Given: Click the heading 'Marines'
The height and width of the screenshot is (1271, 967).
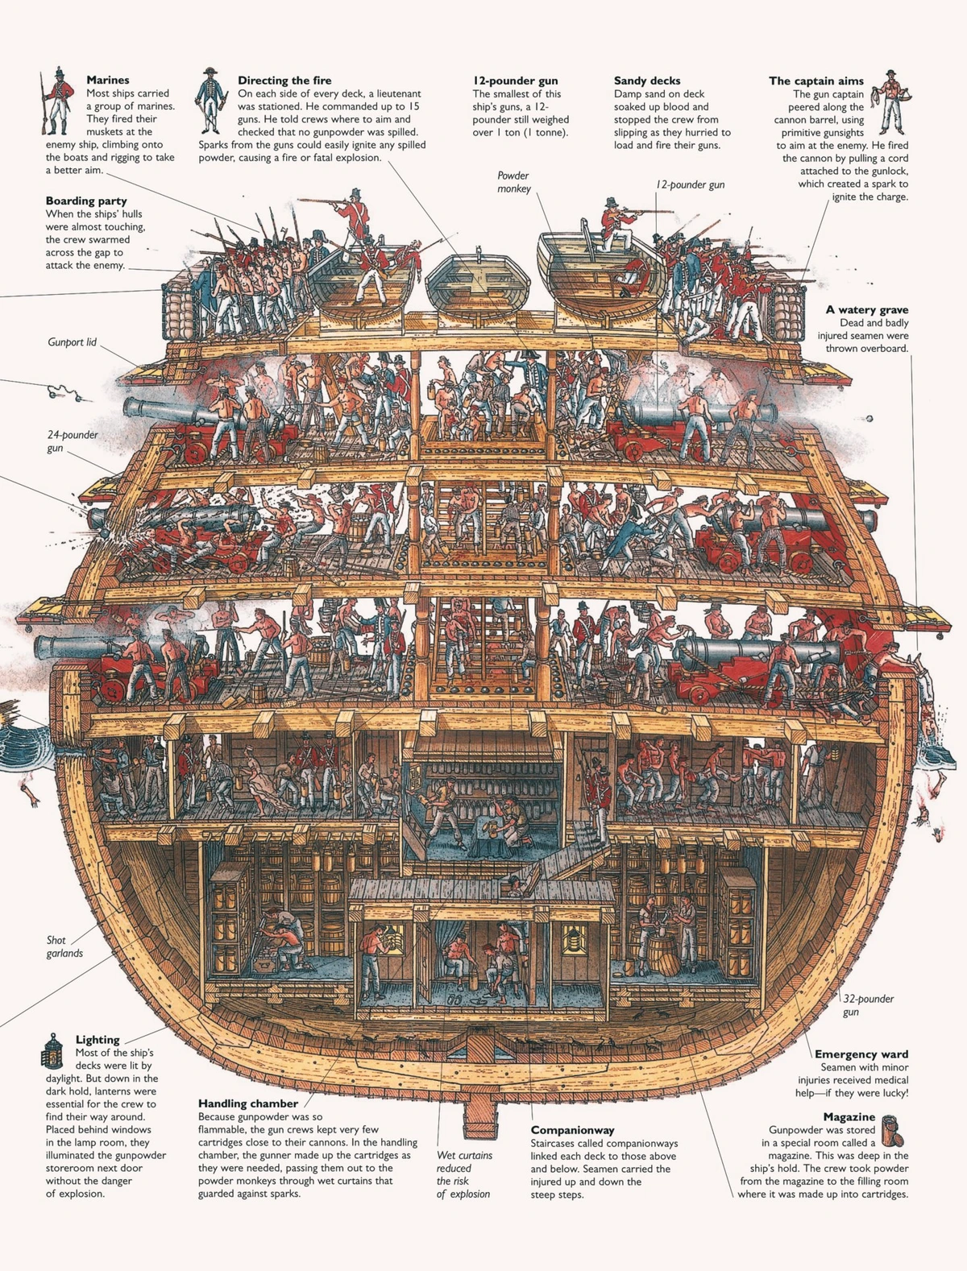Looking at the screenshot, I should pyautogui.click(x=107, y=81).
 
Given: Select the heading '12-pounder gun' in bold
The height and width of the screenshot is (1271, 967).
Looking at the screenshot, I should pyautogui.click(x=515, y=81).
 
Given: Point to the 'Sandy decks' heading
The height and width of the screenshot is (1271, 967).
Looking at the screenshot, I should pyautogui.click(x=646, y=81).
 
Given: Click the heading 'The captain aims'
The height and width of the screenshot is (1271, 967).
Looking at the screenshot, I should pyautogui.click(x=816, y=81).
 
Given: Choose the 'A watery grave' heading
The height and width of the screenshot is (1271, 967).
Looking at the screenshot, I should pyautogui.click(x=866, y=310).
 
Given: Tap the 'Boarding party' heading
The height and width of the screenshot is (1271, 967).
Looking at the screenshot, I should pyautogui.click(x=85, y=201).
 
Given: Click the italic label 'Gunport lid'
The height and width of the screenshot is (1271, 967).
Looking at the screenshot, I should pyautogui.click(x=72, y=342).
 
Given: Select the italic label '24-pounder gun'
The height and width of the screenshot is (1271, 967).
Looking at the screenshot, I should pyautogui.click(x=72, y=441).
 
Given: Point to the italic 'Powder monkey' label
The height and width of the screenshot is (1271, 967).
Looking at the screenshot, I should pyautogui.click(x=513, y=182).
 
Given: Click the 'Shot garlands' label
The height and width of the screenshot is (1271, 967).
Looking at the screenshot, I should pyautogui.click(x=64, y=946).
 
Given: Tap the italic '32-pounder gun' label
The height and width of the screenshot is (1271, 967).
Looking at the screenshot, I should pyautogui.click(x=868, y=1005).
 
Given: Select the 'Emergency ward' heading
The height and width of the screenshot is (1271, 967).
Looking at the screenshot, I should pyautogui.click(x=861, y=1054).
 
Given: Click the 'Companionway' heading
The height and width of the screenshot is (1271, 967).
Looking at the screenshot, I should pyautogui.click(x=572, y=1131).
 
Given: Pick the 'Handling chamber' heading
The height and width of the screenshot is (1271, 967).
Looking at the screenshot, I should pyautogui.click(x=248, y=1103).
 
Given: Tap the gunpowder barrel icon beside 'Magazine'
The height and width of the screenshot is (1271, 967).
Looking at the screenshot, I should pyautogui.click(x=892, y=1131).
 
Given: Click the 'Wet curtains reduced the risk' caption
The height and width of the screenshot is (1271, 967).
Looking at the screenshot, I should pyautogui.click(x=463, y=1174).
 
